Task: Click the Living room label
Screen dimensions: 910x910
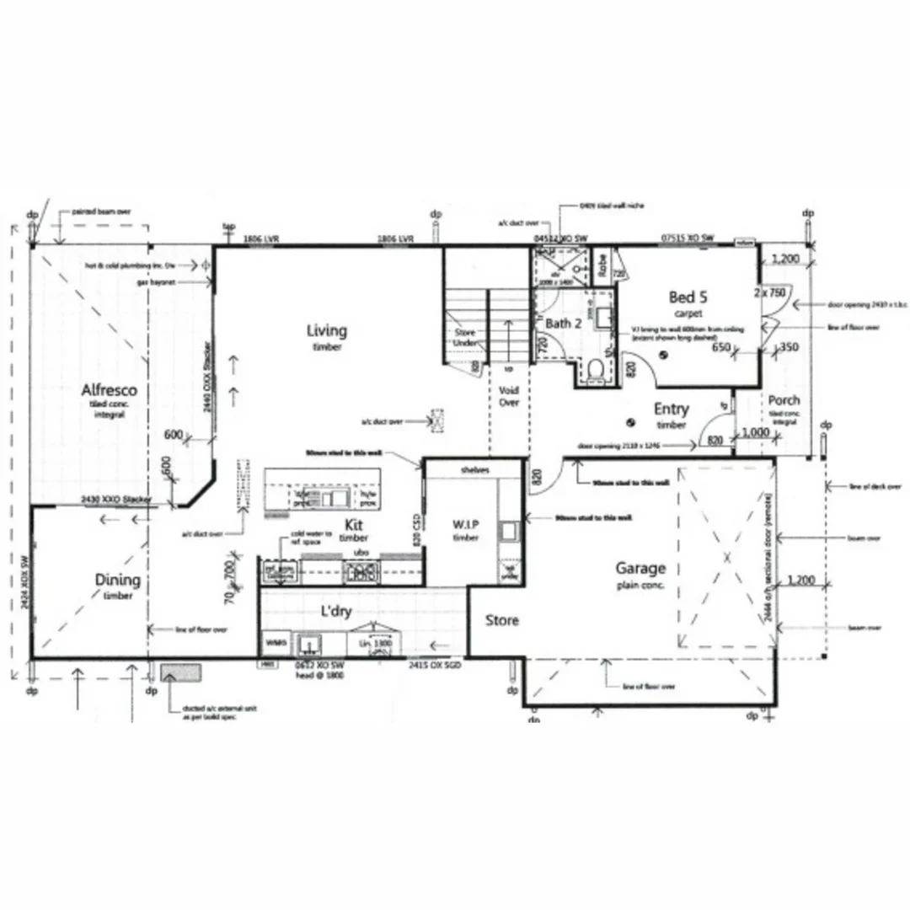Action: [326, 330]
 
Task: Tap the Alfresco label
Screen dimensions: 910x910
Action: [110, 391]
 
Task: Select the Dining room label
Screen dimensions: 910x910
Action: [118, 580]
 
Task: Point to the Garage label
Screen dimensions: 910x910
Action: [640, 569]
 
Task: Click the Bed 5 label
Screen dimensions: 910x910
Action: [688, 297]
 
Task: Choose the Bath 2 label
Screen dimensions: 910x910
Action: [564, 324]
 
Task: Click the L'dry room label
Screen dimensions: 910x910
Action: [335, 612]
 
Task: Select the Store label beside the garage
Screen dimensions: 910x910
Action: [502, 621]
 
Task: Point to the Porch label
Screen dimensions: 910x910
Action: [784, 400]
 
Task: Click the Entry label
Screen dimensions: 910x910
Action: [672, 409]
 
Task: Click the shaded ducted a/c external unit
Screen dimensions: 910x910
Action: [181, 672]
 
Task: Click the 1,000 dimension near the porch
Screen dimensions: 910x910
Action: [755, 432]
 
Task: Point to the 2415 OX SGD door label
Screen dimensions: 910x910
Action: [435, 665]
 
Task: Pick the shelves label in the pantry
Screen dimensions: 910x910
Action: [475, 469]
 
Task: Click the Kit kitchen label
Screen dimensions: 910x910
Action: [354, 525]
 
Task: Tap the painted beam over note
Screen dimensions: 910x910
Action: [101, 212]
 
